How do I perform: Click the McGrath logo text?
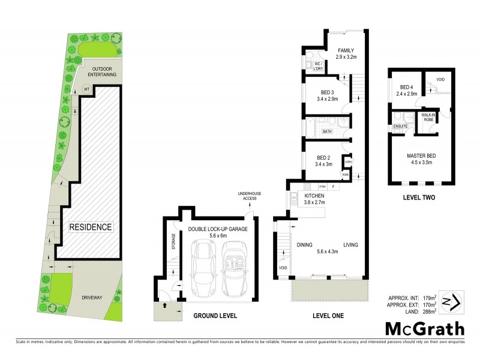click(x=424, y=328)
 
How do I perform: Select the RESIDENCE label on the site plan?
click(x=90, y=227)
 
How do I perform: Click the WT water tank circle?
click(x=86, y=90)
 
